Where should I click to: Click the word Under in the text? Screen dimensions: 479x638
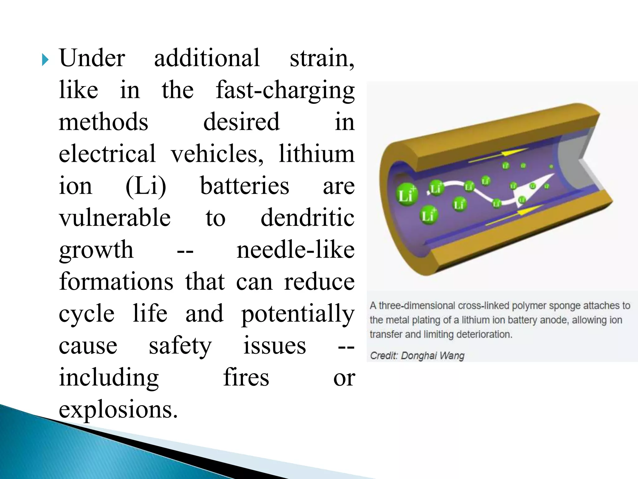(x=92, y=58)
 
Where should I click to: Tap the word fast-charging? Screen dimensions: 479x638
(x=285, y=90)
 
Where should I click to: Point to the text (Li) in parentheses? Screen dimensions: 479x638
(x=146, y=186)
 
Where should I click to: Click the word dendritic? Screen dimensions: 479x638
(x=307, y=217)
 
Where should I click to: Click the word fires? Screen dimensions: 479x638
(x=246, y=377)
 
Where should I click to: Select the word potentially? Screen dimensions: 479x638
(x=298, y=314)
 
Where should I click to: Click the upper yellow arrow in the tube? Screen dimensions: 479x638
(x=498, y=155)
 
